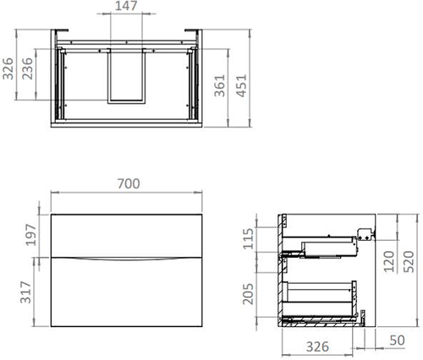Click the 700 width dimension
(x=127, y=183)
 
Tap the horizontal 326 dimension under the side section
(x=317, y=346)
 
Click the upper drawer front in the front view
(x=127, y=234)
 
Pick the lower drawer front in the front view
(x=127, y=292)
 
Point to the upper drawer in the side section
(x=321, y=248)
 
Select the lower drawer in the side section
(x=321, y=296)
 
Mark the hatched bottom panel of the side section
(x=321, y=321)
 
